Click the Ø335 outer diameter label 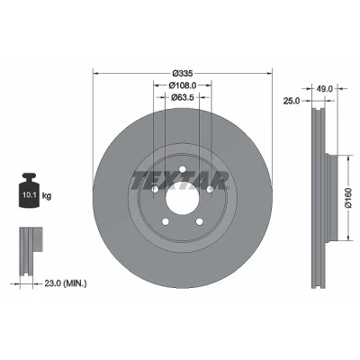pos(182,73)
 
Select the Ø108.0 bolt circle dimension pos(183,85)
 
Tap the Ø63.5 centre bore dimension pos(183,97)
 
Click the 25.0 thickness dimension pos(292,101)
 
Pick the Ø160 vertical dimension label pos(348,198)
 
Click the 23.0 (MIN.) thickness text pos(66,283)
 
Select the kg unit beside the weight pos(47,196)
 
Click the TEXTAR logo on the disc pos(180,181)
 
